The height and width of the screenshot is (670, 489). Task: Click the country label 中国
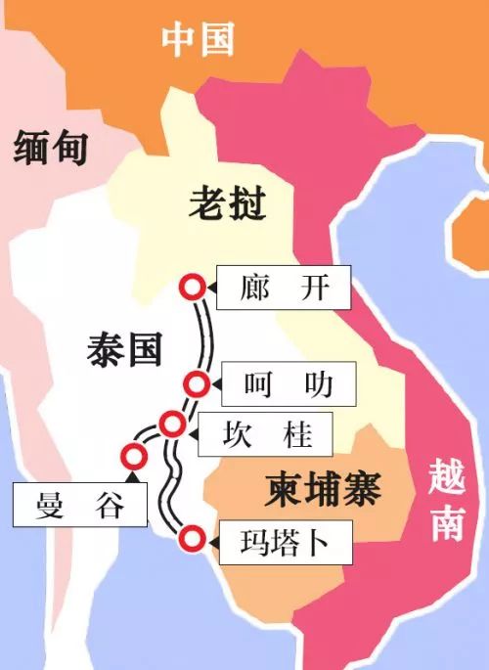point(199,39)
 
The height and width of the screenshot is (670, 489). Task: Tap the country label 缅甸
point(52,148)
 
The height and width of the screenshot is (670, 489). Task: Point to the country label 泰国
point(124,348)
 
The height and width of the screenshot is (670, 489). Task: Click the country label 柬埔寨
point(323,486)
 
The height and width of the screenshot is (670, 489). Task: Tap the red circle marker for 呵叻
point(198,382)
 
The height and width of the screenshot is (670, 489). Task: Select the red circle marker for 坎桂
point(172,424)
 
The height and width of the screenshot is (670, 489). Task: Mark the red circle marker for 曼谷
point(131,454)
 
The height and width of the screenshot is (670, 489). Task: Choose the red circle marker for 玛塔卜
point(192,537)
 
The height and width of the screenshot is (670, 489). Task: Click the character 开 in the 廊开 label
point(311,288)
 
